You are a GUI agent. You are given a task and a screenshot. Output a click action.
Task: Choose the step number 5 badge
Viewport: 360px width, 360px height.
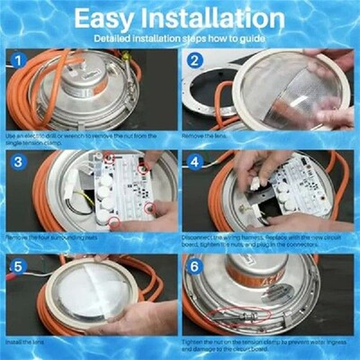coord(15,265)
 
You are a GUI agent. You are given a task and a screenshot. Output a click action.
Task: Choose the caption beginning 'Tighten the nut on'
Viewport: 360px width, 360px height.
coord(265,346)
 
